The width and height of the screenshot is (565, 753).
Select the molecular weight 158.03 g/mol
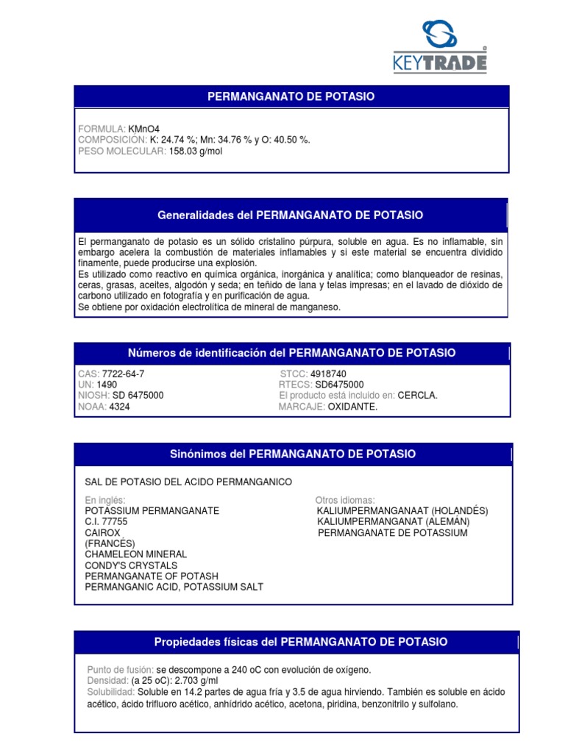(195, 151)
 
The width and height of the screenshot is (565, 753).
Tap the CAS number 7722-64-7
(123, 374)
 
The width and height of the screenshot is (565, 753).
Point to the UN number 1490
(107, 385)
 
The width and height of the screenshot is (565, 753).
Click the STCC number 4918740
(329, 374)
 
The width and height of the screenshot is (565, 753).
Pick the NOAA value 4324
(119, 407)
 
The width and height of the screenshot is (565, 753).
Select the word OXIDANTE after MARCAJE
(352, 407)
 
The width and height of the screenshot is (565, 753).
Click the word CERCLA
(418, 396)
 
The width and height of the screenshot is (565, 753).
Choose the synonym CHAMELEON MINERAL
(136, 554)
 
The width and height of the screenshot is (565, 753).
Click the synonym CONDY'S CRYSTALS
(131, 565)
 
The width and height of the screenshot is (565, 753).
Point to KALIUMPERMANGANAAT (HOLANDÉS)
(402, 510)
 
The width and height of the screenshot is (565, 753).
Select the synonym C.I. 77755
(107, 521)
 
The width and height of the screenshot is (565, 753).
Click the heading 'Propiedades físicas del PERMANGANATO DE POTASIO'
(300, 642)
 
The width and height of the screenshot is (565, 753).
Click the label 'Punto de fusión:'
(120, 670)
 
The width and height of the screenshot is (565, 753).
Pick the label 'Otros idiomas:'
(345, 500)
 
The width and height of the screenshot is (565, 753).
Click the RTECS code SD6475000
(339, 385)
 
